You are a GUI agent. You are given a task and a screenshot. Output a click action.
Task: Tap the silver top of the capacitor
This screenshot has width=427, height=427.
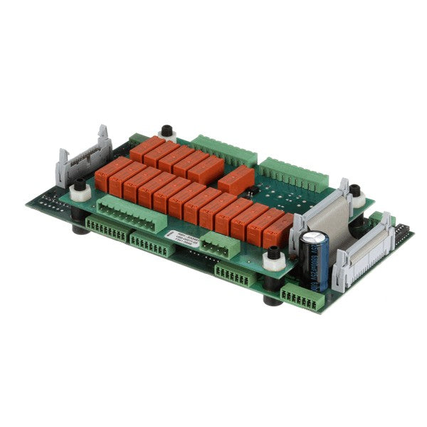313,237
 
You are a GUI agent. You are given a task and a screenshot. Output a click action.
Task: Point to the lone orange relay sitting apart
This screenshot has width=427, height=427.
236,180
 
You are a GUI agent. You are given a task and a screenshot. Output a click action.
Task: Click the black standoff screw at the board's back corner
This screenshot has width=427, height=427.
167,131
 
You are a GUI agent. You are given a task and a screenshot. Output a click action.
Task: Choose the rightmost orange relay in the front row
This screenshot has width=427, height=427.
278,229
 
